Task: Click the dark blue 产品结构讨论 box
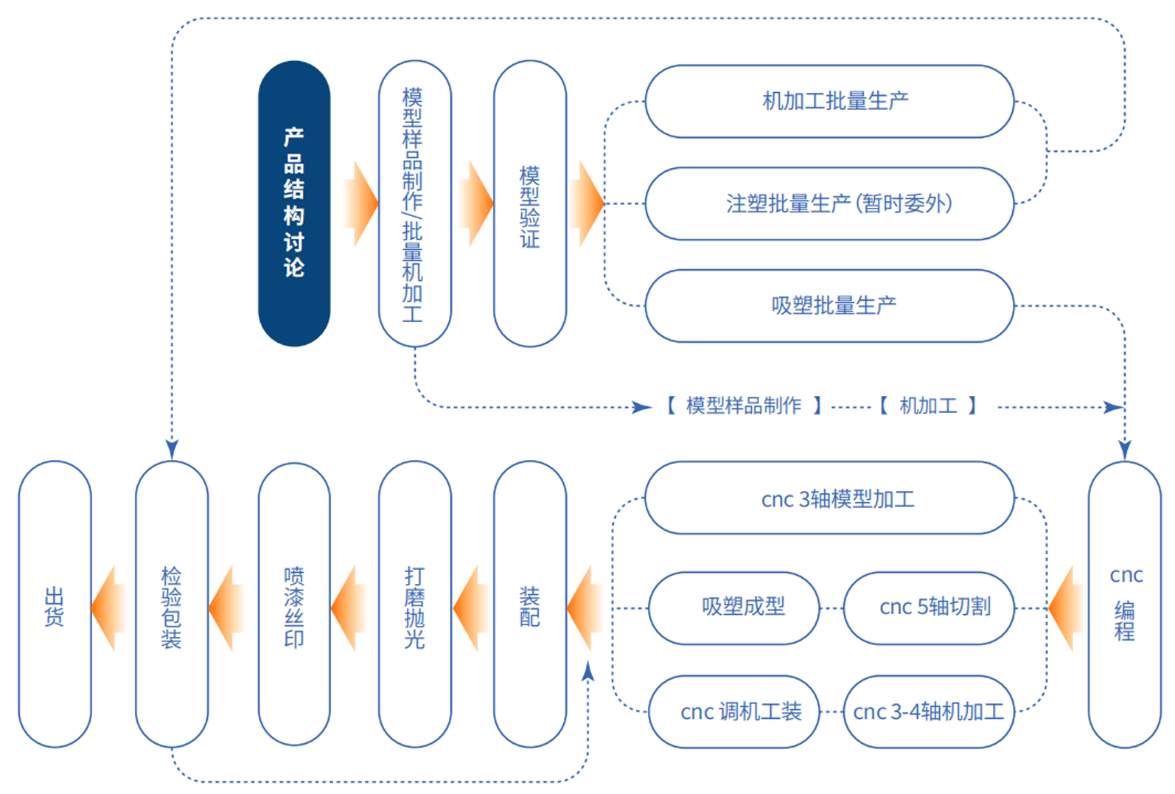pos(294,203)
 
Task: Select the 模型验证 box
pos(529,203)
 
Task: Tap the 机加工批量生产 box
pos(829,101)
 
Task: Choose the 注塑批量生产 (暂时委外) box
pos(829,203)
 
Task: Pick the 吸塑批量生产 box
pos(829,305)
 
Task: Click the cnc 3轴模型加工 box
pos(829,498)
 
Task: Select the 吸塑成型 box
pos(734,607)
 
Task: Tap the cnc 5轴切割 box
pos(929,607)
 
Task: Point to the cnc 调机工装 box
pos(734,711)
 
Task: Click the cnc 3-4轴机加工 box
pos(929,711)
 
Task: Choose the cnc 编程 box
pos(1124,605)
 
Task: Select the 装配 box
pos(529,605)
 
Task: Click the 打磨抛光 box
pos(414,605)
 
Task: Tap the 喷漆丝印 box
pos(294,605)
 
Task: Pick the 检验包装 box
pos(172,605)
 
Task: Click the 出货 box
pos(55,605)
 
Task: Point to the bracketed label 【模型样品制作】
pos(743,405)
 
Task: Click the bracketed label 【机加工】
pos(929,405)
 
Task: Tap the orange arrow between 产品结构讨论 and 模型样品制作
pos(361,203)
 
